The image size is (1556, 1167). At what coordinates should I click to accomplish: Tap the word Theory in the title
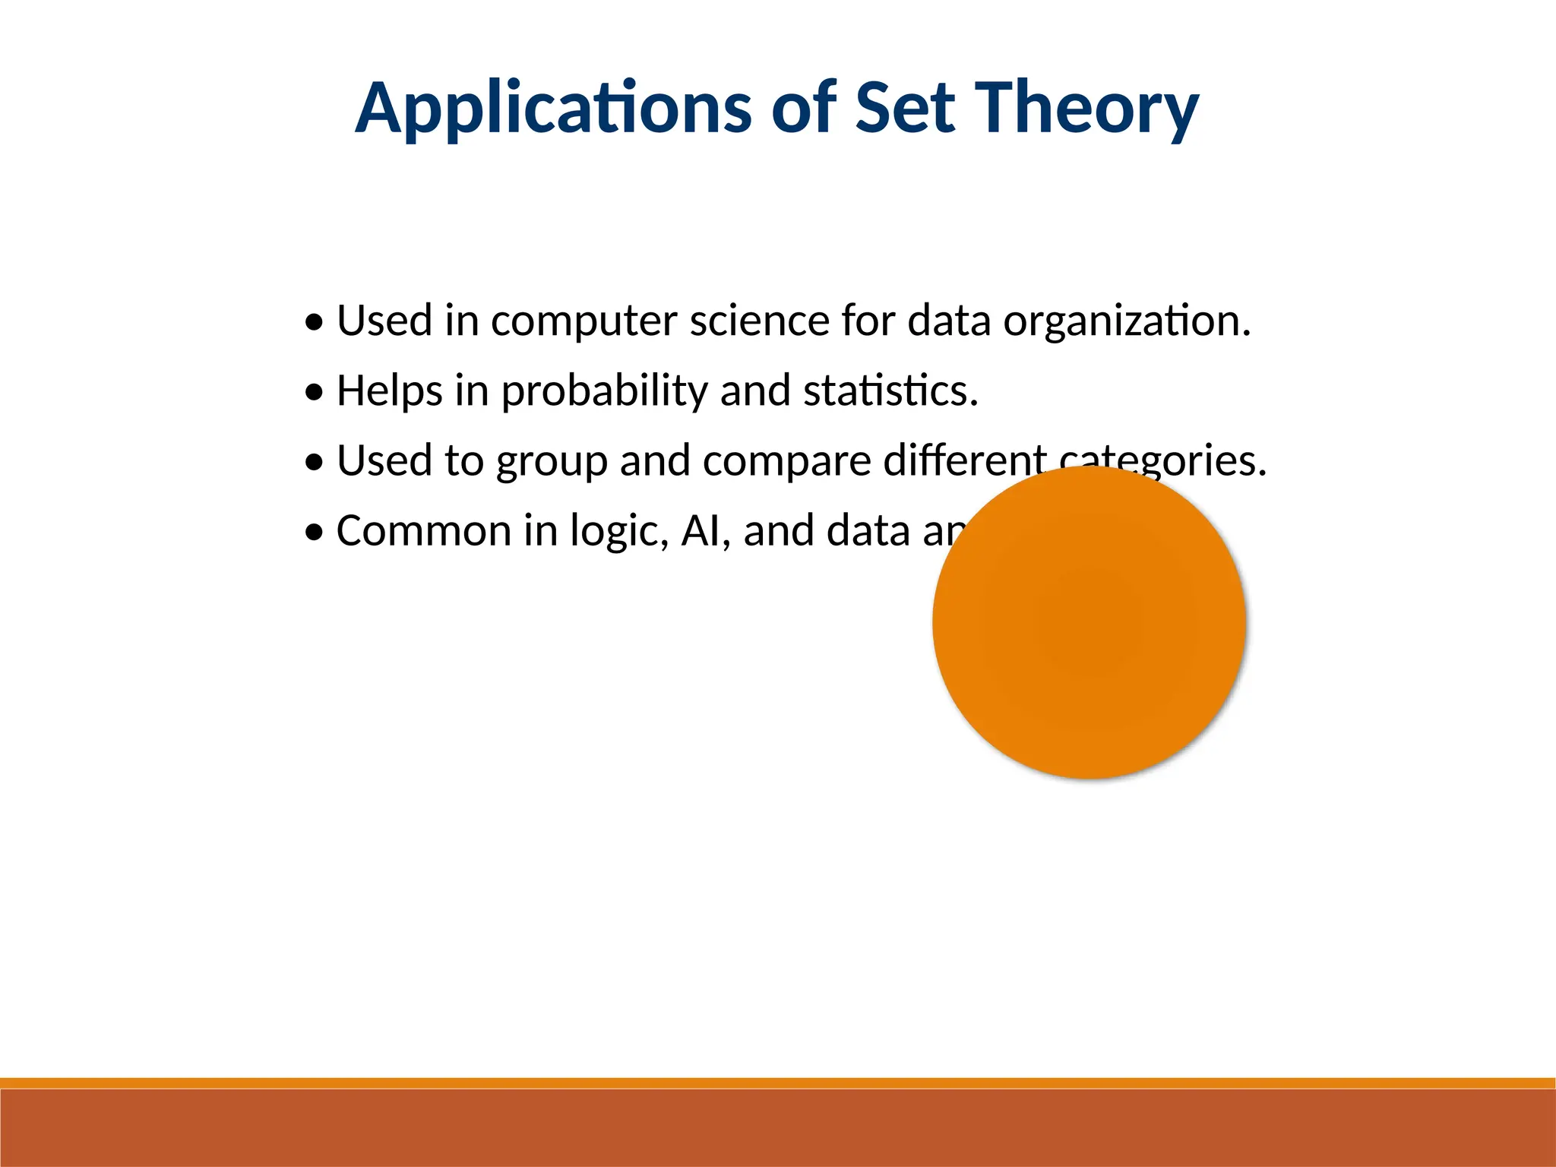[x=1086, y=108]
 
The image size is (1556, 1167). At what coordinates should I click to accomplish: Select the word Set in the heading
[x=904, y=108]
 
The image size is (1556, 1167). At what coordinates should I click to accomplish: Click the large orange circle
[x=1089, y=623]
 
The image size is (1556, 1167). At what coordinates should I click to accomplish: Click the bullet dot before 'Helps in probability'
[x=314, y=394]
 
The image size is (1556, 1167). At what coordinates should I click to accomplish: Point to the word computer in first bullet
[x=583, y=321]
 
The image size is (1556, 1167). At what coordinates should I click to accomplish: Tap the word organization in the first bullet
[x=1126, y=321]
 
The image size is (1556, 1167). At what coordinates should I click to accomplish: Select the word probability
[x=603, y=391]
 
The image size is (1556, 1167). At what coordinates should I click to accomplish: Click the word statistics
[x=890, y=391]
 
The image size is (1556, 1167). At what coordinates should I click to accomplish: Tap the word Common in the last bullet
[x=422, y=531]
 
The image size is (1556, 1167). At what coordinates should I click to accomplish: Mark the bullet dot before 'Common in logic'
[x=314, y=533]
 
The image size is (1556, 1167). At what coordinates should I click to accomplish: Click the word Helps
[x=389, y=391]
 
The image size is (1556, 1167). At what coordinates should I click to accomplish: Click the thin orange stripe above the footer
[x=778, y=1083]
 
